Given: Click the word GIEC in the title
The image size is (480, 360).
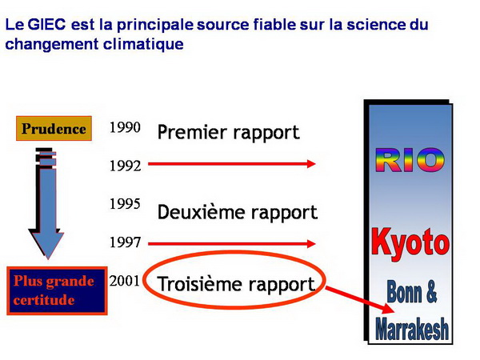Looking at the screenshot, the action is click(46, 25).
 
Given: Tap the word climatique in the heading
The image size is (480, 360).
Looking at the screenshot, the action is click(143, 44).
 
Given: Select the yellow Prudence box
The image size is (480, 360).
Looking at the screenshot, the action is click(54, 128).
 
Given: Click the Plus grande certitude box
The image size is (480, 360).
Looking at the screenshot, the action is click(57, 290).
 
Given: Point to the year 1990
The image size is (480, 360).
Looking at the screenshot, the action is click(125, 127).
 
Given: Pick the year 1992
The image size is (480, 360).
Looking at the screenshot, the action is click(126, 166).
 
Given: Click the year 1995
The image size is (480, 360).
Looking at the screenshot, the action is click(125, 203).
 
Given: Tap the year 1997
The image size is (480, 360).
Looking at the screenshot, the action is click(126, 242).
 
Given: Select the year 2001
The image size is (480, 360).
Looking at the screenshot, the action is click(124, 281).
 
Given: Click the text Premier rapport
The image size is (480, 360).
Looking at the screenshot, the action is click(228, 133).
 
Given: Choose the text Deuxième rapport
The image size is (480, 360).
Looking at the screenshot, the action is click(238, 212).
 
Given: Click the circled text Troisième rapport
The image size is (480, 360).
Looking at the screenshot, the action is click(236, 284).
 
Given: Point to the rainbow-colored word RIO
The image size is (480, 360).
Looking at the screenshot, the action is click(410, 160).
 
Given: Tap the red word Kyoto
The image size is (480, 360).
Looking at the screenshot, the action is click(410, 242).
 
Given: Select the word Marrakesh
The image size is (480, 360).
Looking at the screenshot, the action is click(412, 329).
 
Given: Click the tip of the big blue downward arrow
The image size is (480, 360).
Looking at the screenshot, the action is click(48, 259).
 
